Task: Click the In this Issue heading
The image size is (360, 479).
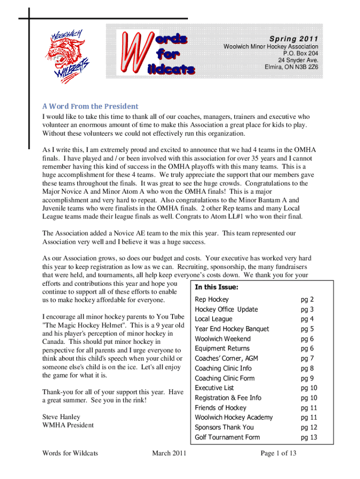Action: coord(216,287)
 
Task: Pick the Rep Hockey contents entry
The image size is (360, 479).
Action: coord(211,299)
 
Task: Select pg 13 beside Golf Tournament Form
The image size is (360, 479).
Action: coord(309,437)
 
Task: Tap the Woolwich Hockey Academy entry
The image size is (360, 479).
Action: coord(234,417)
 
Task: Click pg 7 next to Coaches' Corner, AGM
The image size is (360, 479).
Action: coord(307,358)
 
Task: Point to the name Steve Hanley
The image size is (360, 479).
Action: coord(61,417)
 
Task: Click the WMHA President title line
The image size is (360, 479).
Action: coord(68,425)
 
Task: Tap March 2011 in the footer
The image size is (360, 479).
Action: coord(169,453)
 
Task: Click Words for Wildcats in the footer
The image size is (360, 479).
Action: coord(70,453)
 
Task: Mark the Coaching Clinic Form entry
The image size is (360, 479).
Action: coord(224,378)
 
